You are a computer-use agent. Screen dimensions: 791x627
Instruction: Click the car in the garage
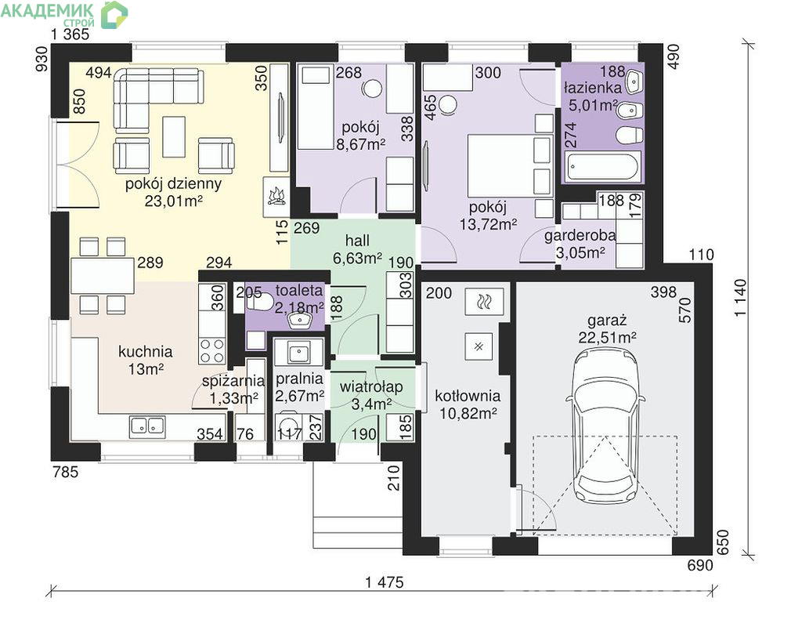[x=605, y=426]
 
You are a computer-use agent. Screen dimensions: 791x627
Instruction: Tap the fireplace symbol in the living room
[x=276, y=197]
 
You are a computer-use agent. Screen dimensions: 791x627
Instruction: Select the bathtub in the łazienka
[x=602, y=166]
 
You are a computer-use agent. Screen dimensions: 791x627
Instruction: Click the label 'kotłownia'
[x=468, y=397]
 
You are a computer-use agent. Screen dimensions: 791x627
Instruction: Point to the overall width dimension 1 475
[x=385, y=582]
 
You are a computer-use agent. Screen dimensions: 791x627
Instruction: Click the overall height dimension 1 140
[x=739, y=297]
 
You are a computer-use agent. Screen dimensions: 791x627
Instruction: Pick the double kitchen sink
[x=147, y=427]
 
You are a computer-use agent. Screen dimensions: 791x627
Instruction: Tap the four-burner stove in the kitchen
[x=212, y=350]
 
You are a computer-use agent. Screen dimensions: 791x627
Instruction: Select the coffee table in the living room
[x=174, y=137]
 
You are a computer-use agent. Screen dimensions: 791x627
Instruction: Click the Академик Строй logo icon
[x=114, y=14]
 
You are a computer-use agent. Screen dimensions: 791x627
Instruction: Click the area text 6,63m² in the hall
[x=357, y=258]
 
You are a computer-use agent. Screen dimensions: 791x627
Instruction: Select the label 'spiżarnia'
[x=233, y=381]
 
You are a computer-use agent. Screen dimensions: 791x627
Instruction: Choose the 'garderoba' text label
[x=580, y=236]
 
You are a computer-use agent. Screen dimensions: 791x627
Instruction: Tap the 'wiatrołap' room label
[x=371, y=387]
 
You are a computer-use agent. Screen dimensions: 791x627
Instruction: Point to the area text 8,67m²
[x=361, y=144]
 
